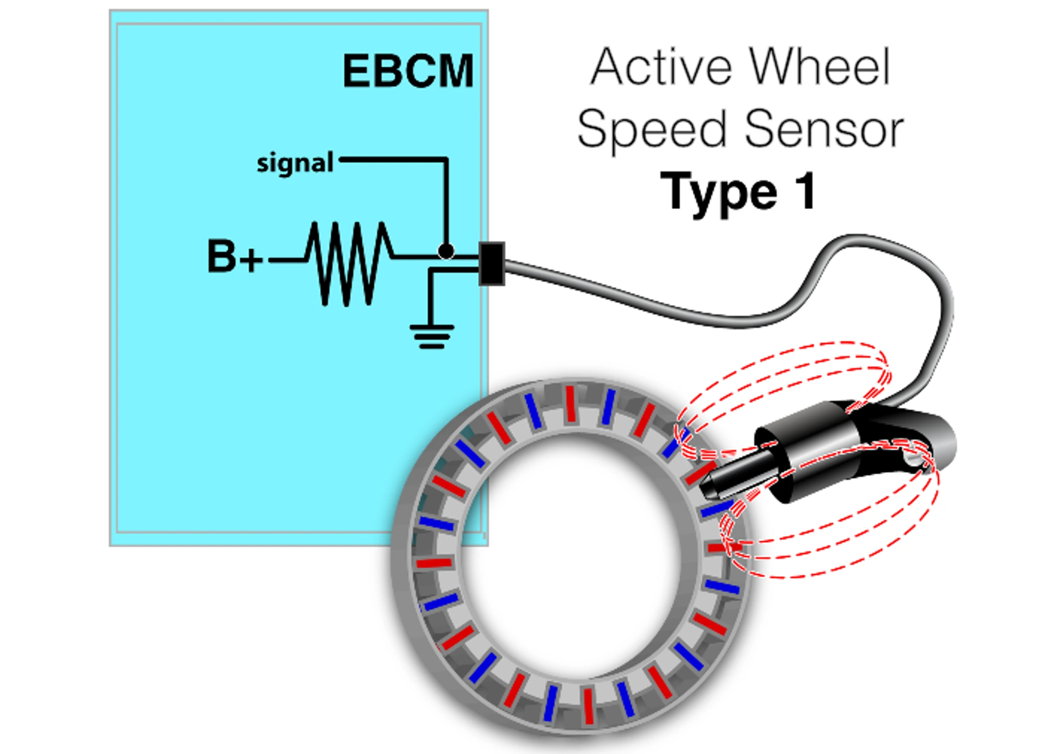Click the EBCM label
408,71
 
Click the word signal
295,163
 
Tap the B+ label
234,257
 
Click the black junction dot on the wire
446,251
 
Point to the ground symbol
432,336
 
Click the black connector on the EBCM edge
491,263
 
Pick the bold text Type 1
737,192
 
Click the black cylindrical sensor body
814,448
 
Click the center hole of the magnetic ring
571,558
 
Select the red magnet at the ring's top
571,404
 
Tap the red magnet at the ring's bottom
589,706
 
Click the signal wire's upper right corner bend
446,160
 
